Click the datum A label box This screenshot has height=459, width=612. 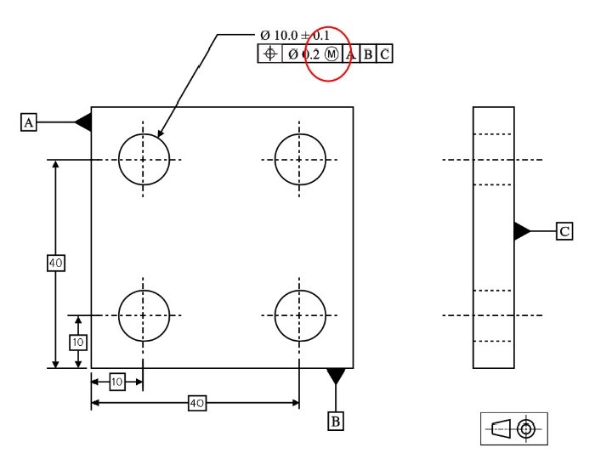click(29, 123)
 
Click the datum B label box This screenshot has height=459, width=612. click(336, 421)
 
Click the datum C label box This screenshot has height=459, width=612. click(564, 230)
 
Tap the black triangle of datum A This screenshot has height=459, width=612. click(83, 122)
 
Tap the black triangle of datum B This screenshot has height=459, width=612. click(336, 375)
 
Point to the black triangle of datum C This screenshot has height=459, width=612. click(522, 230)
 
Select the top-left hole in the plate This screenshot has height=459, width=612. click(144, 159)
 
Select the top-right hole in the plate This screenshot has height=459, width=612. click(299, 159)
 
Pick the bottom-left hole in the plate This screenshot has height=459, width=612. click(144, 314)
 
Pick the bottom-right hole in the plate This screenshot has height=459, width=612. click(299, 314)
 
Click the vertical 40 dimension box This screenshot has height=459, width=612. click(56, 263)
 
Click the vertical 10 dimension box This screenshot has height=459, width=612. click(78, 342)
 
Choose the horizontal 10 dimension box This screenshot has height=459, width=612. click(117, 382)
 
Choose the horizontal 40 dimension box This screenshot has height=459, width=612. click(197, 403)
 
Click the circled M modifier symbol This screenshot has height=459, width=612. click(331, 54)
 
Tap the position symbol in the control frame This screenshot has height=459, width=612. click(269, 54)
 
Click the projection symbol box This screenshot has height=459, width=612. click(513, 428)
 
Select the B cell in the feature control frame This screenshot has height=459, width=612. click(367, 54)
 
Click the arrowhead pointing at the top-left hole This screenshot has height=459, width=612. click(159, 134)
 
